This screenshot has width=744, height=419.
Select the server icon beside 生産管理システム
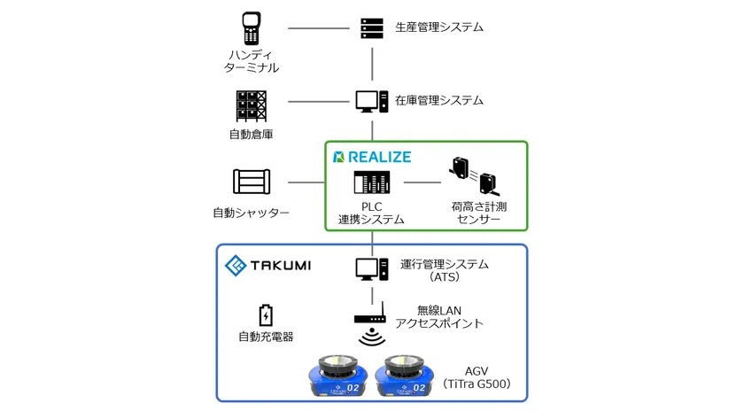(x=371, y=27)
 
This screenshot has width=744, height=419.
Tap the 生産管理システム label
(x=439, y=27)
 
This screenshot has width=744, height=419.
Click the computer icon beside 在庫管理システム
(x=371, y=101)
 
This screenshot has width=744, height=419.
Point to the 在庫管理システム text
(x=439, y=101)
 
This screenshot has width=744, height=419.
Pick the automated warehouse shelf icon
(x=251, y=106)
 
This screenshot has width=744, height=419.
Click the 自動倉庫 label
(x=251, y=135)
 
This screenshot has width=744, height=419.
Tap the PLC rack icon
(x=371, y=183)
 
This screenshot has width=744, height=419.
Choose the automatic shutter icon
(x=251, y=182)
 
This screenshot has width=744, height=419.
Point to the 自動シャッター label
(x=252, y=213)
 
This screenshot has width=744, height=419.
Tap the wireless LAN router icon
(x=372, y=315)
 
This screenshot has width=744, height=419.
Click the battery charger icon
(x=265, y=314)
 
